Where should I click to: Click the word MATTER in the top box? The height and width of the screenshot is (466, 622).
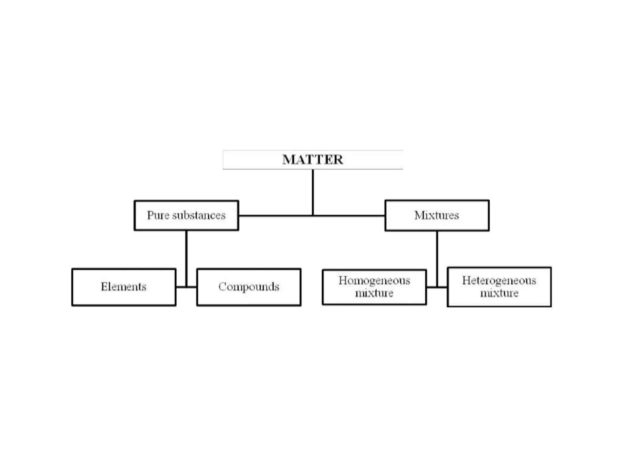coord(313,160)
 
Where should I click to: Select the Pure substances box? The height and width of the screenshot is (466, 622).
coord(186,215)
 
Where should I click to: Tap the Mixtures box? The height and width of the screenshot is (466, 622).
coord(437,215)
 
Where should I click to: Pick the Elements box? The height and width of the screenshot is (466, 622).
coord(124,287)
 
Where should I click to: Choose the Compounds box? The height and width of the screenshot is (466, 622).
coord(249,287)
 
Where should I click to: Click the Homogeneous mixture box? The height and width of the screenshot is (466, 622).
coord(374,287)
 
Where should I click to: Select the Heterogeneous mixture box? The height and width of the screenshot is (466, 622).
coord(499,287)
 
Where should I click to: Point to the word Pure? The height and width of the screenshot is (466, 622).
coord(158,215)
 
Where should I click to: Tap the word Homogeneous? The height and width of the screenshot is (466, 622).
coord(374,281)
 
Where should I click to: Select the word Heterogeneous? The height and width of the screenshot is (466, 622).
coord(499,281)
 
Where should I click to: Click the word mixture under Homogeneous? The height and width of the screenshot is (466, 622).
coord(374,293)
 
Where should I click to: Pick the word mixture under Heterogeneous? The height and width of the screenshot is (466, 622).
coord(499,293)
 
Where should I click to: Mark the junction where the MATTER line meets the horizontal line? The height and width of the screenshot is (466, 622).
coord(313,216)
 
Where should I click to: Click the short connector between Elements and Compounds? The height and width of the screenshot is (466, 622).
coord(186,287)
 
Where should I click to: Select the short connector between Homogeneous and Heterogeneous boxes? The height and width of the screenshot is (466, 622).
coord(437,287)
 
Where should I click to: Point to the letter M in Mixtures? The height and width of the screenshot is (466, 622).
coord(419,215)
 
